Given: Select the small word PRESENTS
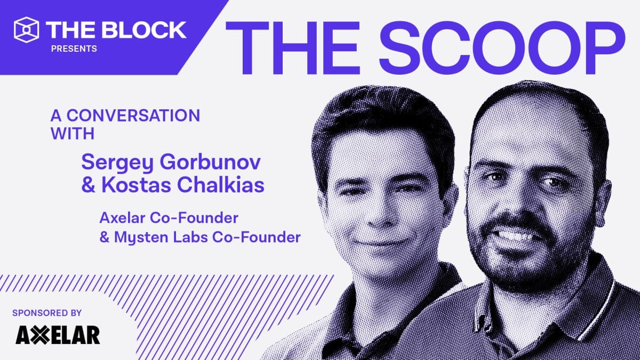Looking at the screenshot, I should click(x=74, y=49).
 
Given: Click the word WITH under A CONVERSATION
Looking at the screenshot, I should click(x=73, y=133).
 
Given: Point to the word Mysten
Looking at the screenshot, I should click(x=140, y=237).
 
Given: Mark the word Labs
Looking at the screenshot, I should click(x=194, y=237).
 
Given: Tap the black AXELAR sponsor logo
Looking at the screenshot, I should click(x=58, y=335).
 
